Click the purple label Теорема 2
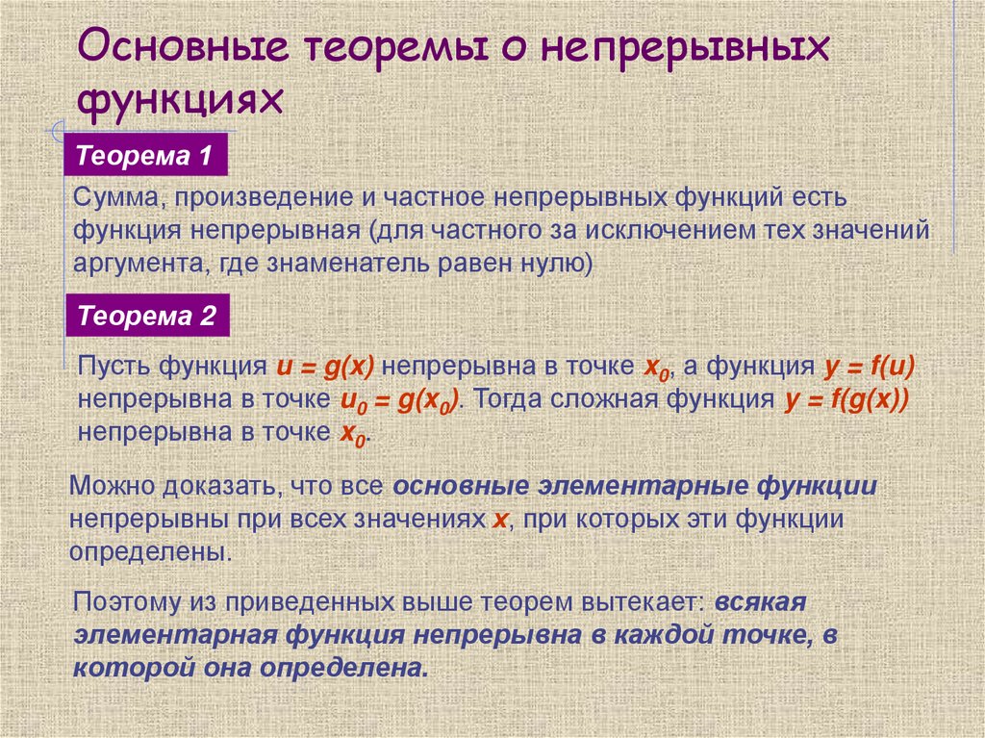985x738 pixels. tap(146, 316)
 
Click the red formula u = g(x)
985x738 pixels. tap(324, 368)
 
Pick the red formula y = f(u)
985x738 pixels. tap(869, 368)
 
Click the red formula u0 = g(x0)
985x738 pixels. tap(399, 401)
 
